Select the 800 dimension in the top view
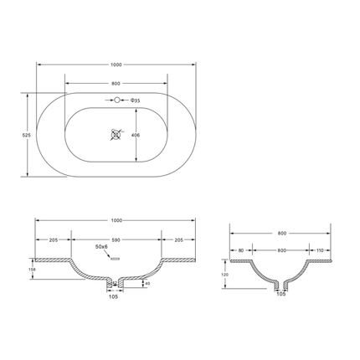click(116, 84)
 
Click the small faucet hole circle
click(116, 102)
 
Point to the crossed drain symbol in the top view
click(116, 134)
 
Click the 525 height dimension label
click(26, 134)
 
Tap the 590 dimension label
click(116, 239)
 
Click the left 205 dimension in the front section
click(54, 239)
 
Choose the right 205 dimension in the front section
click(177, 239)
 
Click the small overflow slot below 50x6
click(105, 260)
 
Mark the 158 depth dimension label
click(32, 270)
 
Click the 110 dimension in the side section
click(319, 250)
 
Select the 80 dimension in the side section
click(241, 250)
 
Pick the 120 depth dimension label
click(224, 274)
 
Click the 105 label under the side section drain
click(281, 295)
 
